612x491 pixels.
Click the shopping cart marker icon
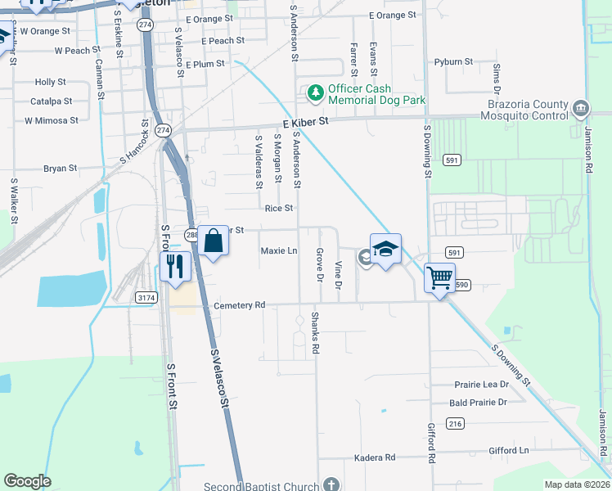coord(439,279)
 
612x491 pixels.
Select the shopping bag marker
coord(213,241)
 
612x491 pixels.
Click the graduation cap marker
coord(385,249)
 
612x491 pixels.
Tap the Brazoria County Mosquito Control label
coord(526,110)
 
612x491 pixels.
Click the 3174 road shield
coord(146,298)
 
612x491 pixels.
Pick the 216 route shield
coord(456,423)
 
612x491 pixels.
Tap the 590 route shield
coord(462,284)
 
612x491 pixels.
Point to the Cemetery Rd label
coord(240,305)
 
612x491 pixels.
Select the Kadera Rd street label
coord(375,457)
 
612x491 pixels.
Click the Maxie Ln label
coord(279,250)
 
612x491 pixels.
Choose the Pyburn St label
coord(455,61)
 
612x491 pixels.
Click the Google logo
coord(27,481)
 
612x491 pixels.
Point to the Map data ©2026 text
coord(577,484)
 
